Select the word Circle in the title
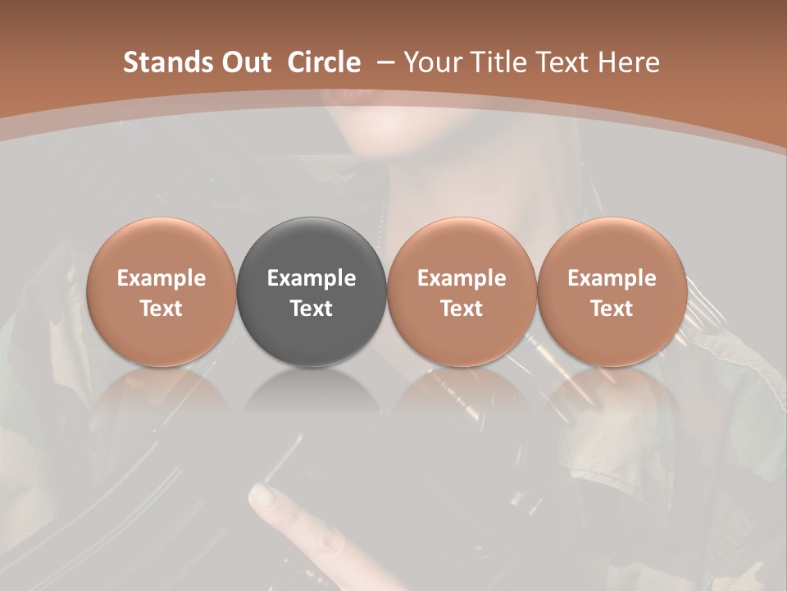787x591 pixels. [324, 62]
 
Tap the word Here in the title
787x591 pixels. [630, 62]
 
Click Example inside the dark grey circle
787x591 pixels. [312, 278]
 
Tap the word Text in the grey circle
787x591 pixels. [312, 309]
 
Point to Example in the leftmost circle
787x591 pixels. [161, 278]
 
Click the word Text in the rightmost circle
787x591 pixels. [612, 309]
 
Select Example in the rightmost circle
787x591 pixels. [612, 278]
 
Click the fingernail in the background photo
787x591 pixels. [263, 495]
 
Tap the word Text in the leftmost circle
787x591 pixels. [161, 309]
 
